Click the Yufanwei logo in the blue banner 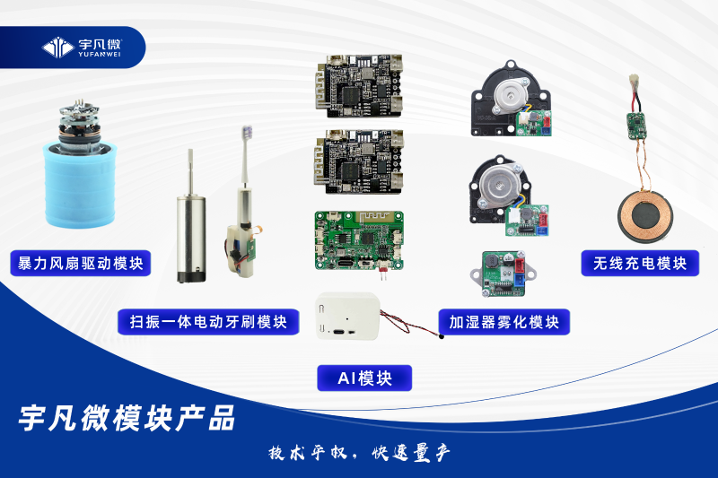pyautogui.click(x=82, y=48)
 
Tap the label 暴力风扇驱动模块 pyautogui.click(x=81, y=264)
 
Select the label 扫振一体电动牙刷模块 pyautogui.click(x=208, y=322)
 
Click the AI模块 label pyautogui.click(x=364, y=378)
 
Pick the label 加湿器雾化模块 pyautogui.click(x=504, y=322)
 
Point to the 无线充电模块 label pyautogui.click(x=640, y=264)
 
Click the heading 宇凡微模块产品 pyautogui.click(x=127, y=418)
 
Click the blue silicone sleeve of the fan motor pyautogui.click(x=80, y=186)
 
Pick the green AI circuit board pyautogui.click(x=359, y=240)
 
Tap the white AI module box pyautogui.click(x=348, y=316)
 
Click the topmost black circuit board pyautogui.click(x=358, y=85)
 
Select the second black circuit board pyautogui.click(x=358, y=161)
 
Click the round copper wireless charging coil pyautogui.click(x=645, y=214)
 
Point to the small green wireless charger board pyautogui.click(x=635, y=126)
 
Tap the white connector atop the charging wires pyautogui.click(x=634, y=80)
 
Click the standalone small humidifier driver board pyautogui.click(x=503, y=274)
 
